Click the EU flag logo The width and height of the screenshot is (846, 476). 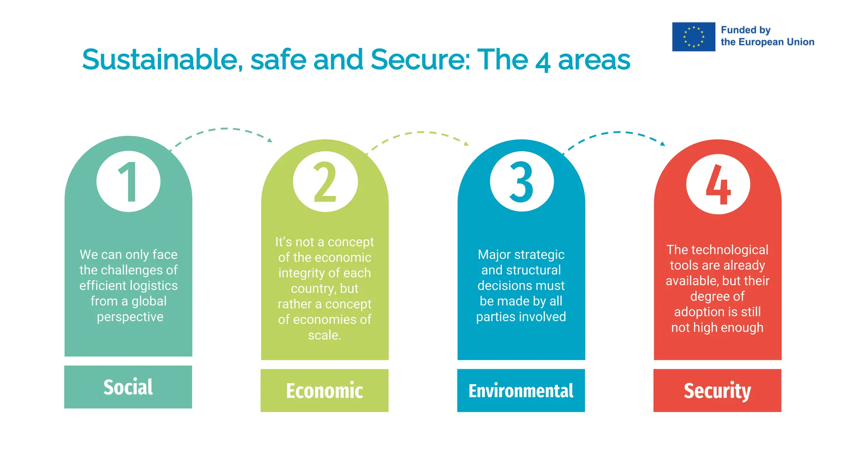[x=693, y=37]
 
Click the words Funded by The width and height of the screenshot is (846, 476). [x=746, y=30]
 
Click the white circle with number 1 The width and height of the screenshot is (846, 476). [x=128, y=181]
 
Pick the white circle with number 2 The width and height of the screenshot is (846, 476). [x=325, y=181]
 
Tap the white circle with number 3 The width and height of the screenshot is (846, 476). [x=522, y=181]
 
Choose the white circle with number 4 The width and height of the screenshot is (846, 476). [x=718, y=184]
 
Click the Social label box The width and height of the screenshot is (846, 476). [x=128, y=387]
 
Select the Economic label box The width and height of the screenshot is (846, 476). [x=325, y=390]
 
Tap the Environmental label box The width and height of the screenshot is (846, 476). [x=521, y=390]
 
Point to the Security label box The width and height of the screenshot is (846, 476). [x=717, y=390]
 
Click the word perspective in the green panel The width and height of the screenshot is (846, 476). [x=130, y=317]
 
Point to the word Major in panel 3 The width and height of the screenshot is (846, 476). [x=494, y=255]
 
